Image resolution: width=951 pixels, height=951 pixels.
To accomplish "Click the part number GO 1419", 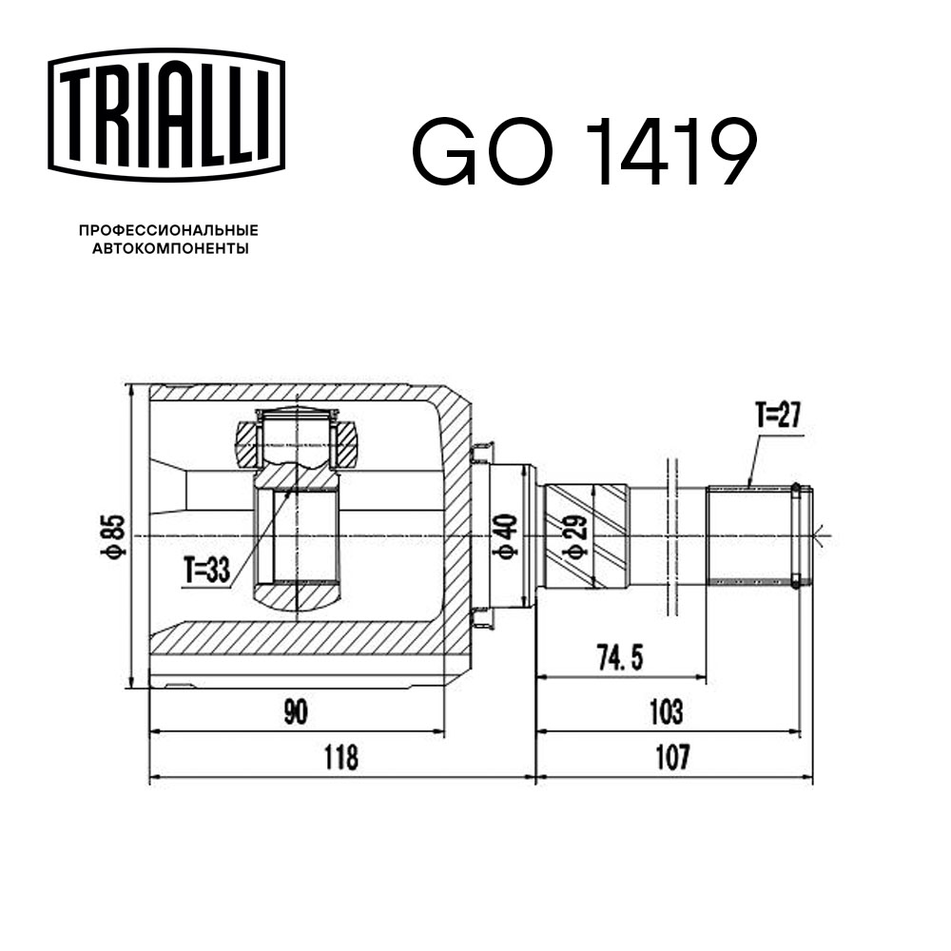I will [x=584, y=152].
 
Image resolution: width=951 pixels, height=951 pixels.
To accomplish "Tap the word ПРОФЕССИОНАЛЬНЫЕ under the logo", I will [x=168, y=231].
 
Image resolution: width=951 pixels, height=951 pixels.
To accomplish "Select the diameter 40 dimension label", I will [x=507, y=536].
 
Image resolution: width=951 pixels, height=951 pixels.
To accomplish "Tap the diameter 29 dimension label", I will [x=573, y=536].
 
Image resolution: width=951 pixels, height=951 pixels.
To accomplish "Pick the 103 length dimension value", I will [x=667, y=710].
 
